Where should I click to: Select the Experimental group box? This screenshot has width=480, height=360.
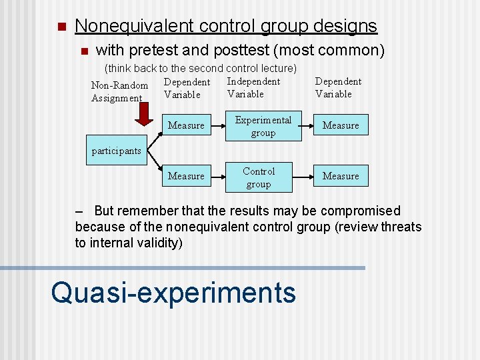(263, 126)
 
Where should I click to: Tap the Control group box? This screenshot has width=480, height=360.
(259, 177)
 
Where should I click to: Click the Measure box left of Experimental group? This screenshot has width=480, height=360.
(186, 125)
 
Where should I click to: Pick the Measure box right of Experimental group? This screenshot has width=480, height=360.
(341, 125)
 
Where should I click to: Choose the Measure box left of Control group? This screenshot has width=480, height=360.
(186, 176)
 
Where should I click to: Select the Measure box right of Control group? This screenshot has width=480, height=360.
(341, 176)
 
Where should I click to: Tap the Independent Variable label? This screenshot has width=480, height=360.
(253, 87)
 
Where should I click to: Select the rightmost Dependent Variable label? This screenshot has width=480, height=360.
(338, 87)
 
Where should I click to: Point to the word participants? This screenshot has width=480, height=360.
(116, 151)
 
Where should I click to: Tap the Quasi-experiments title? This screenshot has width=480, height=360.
(173, 292)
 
